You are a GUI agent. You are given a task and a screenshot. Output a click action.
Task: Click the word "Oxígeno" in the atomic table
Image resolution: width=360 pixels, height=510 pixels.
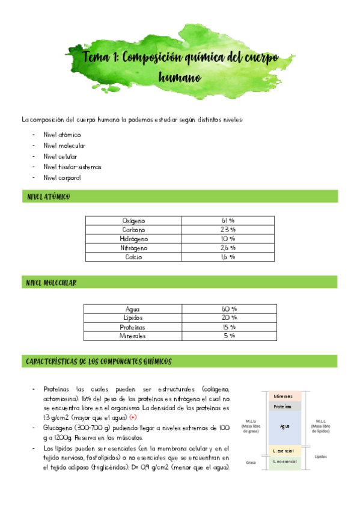(x=133, y=221)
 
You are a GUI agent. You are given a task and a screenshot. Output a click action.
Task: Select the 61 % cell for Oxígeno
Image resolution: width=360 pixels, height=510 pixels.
(x=228, y=221)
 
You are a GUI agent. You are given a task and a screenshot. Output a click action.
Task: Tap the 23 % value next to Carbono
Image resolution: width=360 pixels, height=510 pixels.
(x=228, y=230)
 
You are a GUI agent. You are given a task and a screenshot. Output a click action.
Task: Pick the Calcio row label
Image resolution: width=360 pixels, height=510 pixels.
(x=133, y=257)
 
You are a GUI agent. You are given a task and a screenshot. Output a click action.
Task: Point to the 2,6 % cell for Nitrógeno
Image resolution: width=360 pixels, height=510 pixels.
(x=228, y=248)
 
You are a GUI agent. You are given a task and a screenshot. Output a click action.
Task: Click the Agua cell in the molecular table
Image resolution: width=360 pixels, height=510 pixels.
(x=133, y=309)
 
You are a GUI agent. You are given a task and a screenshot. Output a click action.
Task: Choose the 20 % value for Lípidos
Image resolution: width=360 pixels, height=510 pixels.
(x=229, y=318)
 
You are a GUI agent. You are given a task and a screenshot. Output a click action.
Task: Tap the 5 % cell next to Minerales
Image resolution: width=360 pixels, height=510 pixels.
(x=229, y=336)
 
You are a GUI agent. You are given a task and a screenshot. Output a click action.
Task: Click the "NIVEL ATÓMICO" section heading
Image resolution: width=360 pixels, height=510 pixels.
(x=48, y=197)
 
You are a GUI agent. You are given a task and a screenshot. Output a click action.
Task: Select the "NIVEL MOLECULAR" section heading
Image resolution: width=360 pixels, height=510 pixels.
(x=51, y=283)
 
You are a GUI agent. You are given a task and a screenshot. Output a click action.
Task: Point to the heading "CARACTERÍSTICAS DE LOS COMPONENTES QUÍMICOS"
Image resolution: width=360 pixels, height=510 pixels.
(x=99, y=362)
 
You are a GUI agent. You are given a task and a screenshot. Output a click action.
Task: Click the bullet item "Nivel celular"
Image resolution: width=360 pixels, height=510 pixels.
(x=60, y=156)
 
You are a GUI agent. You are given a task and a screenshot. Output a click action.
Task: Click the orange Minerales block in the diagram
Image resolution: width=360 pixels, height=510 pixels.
(x=283, y=397)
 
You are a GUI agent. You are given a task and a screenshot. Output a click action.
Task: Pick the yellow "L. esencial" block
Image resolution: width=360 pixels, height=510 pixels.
(x=283, y=450)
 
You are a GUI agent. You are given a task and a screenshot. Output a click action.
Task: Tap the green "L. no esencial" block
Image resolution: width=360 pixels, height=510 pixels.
(x=283, y=462)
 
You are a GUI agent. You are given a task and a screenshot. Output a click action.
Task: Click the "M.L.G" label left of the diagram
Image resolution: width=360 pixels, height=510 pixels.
(x=251, y=421)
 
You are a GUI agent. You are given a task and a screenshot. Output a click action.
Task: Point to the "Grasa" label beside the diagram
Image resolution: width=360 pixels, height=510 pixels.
(x=251, y=462)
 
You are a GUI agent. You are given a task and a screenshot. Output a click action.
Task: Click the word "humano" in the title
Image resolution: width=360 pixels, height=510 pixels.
(x=180, y=78)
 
